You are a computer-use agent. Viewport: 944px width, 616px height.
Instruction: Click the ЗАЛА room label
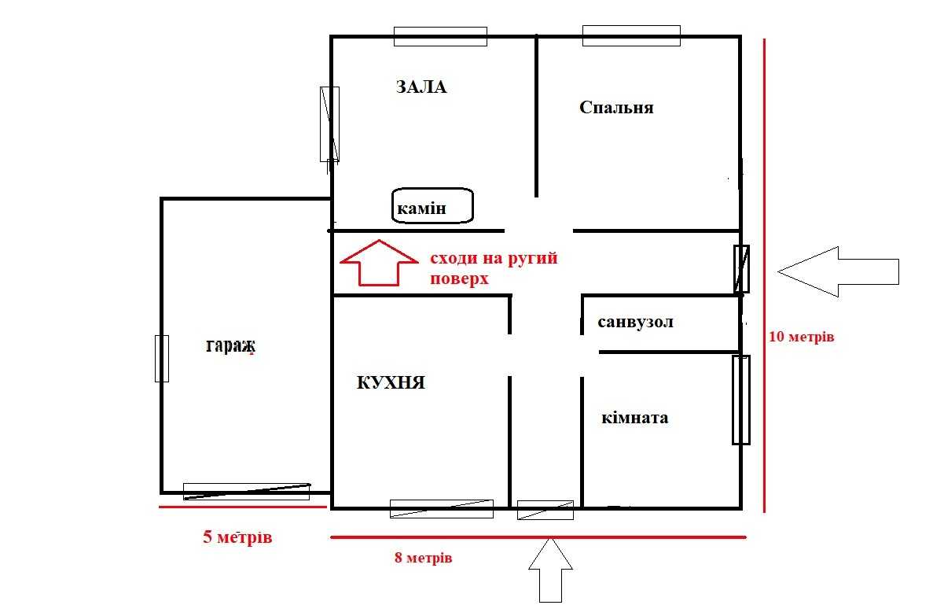point(421,87)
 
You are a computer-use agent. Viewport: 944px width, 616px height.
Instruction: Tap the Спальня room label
point(616,108)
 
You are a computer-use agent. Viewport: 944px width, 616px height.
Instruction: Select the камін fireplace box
point(432,205)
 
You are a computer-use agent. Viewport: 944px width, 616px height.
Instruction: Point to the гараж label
point(230,346)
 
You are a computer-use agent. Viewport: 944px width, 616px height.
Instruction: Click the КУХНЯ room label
point(391,382)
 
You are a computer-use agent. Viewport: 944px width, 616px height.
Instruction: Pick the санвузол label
point(635,323)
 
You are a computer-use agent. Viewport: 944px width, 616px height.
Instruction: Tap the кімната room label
point(634,418)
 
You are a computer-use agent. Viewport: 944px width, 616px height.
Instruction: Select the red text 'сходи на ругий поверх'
point(494,268)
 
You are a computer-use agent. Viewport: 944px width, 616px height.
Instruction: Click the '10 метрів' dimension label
point(801,337)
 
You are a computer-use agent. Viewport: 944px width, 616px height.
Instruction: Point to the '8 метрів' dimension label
point(423,557)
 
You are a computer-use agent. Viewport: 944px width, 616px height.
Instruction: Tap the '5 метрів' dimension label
point(237,537)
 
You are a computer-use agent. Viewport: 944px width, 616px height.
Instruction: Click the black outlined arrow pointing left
point(838,271)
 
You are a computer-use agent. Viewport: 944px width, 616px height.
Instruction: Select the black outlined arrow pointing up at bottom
point(550,570)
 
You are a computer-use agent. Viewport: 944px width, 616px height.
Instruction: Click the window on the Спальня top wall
point(631,36)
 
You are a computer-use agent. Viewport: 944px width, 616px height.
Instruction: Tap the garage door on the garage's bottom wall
point(247,492)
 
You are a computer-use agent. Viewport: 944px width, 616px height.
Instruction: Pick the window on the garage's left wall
point(162,359)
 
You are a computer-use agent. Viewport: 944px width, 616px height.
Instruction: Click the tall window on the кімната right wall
point(741,400)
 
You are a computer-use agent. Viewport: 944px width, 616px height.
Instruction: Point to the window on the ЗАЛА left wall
point(329,124)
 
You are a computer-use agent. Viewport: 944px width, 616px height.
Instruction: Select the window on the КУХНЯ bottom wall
point(442,509)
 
